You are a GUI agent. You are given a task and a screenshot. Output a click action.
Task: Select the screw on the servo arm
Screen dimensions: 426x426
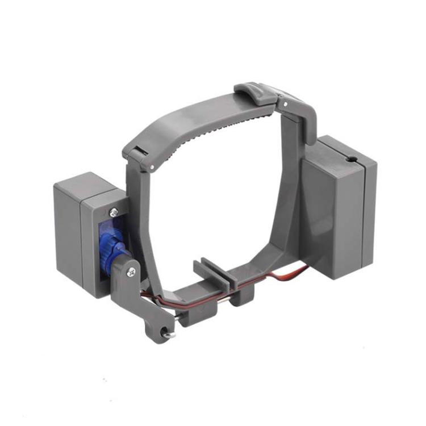131,272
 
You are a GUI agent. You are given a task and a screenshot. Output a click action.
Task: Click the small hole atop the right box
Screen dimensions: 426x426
353,161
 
